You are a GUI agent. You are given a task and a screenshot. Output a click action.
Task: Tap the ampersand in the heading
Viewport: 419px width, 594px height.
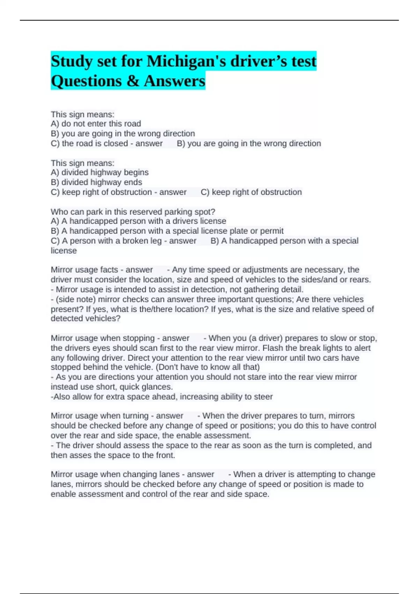133,81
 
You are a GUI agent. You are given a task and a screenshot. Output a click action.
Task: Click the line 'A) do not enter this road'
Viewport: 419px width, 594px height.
96,124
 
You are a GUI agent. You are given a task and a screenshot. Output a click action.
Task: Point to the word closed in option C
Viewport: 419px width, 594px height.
116,143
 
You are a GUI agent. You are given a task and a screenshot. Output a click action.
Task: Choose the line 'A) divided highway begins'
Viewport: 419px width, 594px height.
100,172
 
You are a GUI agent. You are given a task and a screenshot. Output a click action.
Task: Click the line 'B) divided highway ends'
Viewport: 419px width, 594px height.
96,182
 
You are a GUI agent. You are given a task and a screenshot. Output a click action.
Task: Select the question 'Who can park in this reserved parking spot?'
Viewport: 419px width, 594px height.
133,212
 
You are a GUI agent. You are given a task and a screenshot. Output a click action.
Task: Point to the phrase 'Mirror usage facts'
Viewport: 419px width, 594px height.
84,270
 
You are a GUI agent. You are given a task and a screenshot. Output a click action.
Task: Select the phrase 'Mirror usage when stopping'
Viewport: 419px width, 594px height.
103,338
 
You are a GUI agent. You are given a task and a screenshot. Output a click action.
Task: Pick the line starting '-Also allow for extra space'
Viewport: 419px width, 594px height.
162,397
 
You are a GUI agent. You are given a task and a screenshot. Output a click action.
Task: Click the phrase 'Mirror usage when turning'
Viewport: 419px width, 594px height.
100,416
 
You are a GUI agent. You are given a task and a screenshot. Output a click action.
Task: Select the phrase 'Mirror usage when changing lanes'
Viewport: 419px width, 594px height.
115,475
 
